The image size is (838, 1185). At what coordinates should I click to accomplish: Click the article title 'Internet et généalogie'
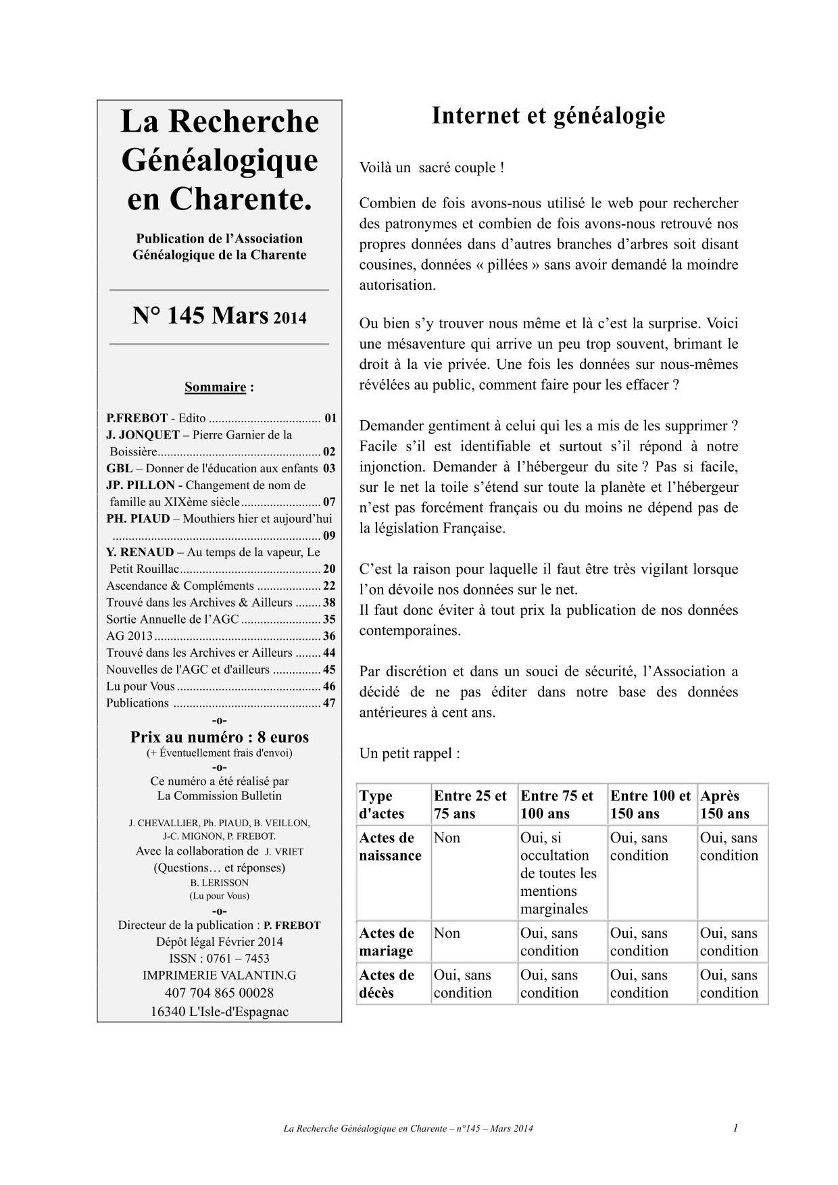tap(548, 116)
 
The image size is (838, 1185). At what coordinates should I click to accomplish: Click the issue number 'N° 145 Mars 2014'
tap(219, 316)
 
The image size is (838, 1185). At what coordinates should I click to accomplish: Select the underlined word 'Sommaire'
tap(215, 387)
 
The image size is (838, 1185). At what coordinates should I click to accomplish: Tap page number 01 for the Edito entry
tap(330, 418)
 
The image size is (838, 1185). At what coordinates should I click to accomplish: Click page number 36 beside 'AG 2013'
tap(329, 636)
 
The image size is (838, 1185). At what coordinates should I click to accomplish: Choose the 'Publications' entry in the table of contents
tap(138, 703)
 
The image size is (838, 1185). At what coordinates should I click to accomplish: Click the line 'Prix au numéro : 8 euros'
tap(219, 736)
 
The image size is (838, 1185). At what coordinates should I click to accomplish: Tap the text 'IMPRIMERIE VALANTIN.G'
tap(219, 975)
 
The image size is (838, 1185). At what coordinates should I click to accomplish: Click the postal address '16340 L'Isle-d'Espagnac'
tap(219, 1011)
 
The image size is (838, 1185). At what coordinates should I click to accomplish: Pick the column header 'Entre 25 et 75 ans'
tap(470, 804)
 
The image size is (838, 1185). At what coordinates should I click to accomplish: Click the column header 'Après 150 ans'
tap(724, 804)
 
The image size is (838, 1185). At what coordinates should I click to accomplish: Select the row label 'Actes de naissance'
tap(391, 847)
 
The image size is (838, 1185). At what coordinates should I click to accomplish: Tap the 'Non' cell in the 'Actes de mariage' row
tap(447, 933)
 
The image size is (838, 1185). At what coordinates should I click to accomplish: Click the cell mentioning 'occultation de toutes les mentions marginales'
tap(558, 873)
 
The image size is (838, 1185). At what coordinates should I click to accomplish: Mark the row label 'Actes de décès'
tap(387, 984)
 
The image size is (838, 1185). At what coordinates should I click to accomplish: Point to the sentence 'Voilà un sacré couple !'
tap(432, 168)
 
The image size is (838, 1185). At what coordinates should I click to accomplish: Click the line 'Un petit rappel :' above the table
tap(410, 753)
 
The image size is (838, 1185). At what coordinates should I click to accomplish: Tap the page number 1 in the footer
tap(735, 1128)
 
